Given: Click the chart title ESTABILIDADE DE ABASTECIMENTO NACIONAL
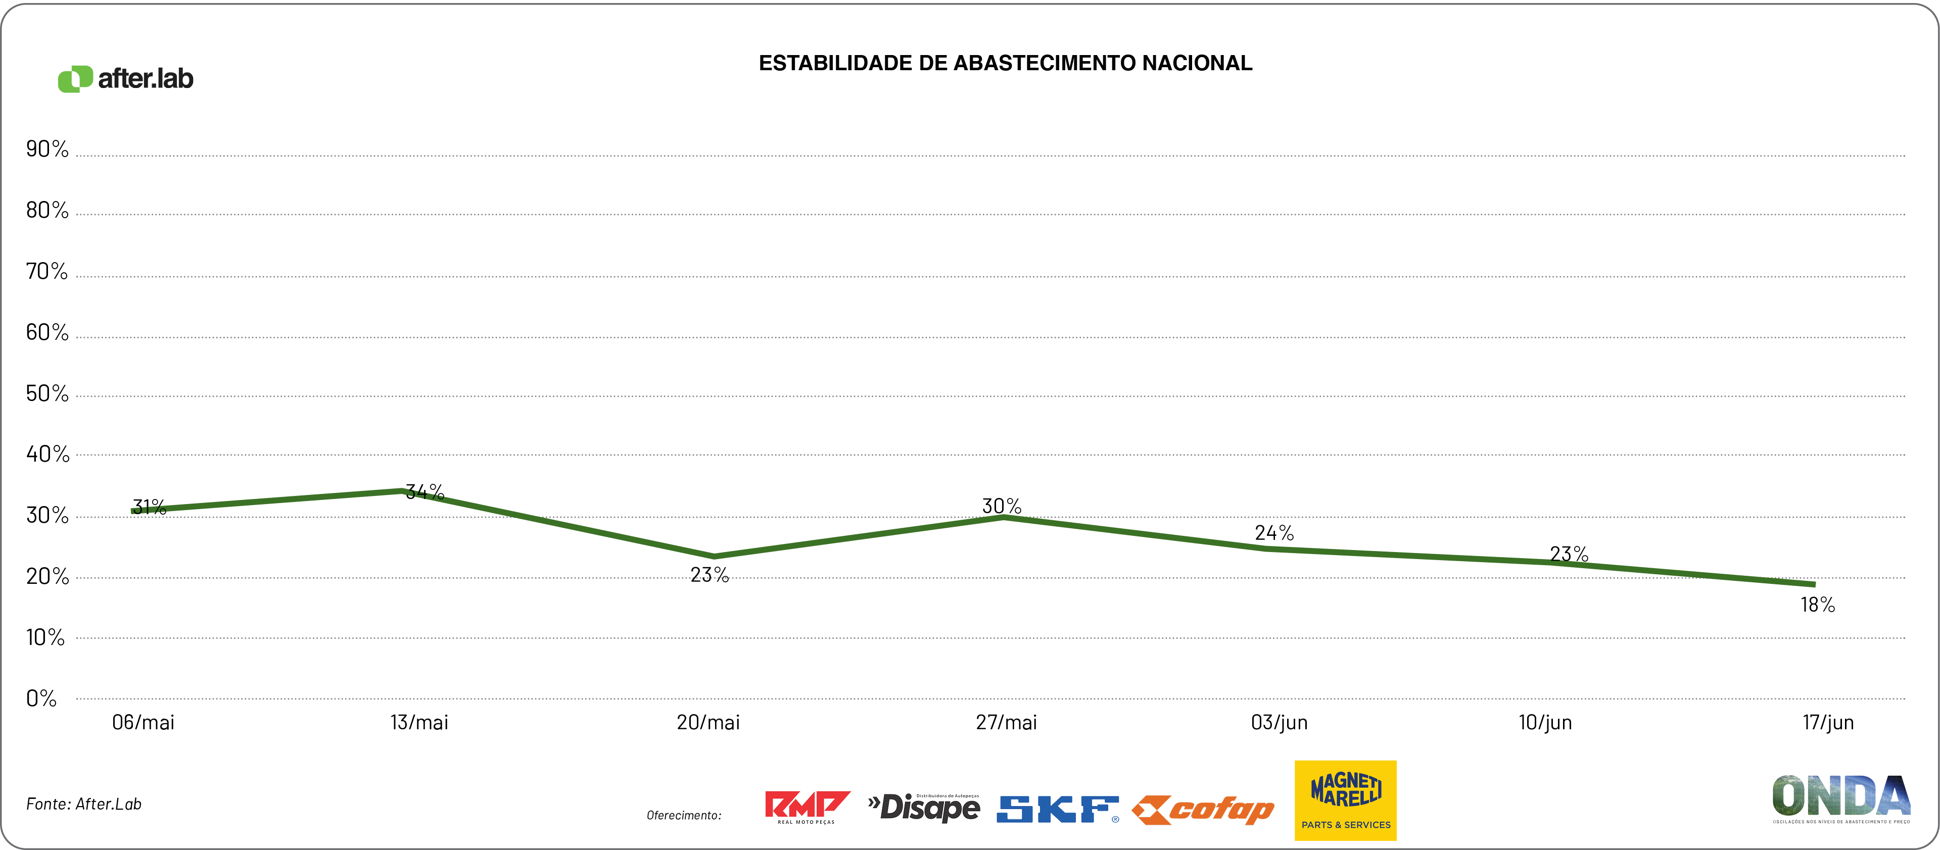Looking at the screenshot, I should (1006, 63).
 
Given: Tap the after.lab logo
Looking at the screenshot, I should (126, 78).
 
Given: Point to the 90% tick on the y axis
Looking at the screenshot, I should (46, 149).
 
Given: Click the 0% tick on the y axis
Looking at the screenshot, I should (41, 698).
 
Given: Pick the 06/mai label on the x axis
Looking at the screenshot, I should (143, 723).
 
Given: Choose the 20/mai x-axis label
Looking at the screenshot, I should (708, 723).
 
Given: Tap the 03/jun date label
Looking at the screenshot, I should (1279, 723).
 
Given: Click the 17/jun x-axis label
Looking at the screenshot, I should (1828, 723).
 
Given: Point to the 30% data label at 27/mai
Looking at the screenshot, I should (1002, 506).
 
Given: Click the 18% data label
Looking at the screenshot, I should (1817, 605).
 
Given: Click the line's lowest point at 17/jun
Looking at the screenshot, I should (1814, 584).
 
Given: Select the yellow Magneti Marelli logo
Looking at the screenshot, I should (1345, 801).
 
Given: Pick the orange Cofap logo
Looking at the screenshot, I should (1203, 810).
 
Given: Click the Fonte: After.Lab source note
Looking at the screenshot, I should (83, 804).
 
